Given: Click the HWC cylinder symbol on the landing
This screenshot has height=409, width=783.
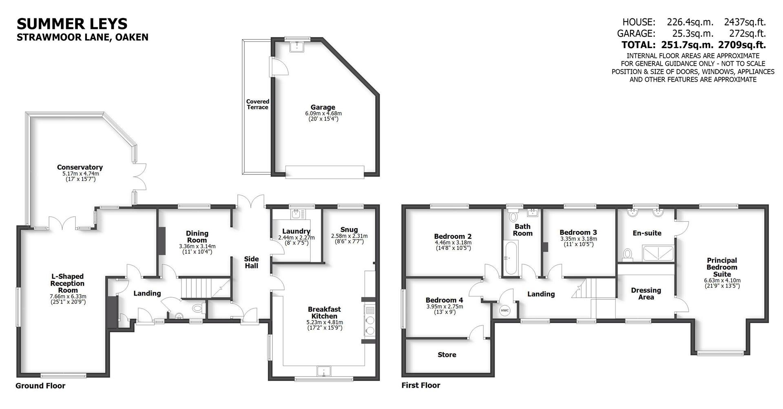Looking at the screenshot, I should [505, 311].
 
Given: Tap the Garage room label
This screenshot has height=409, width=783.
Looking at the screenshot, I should [323, 108].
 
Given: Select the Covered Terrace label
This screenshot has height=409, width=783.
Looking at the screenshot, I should [257, 104].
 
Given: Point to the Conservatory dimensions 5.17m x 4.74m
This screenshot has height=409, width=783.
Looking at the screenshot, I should [80, 173].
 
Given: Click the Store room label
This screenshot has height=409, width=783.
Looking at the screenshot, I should [447, 355].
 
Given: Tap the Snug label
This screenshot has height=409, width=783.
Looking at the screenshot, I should [349, 230].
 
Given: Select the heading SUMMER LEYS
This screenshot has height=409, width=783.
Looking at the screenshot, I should [72, 24].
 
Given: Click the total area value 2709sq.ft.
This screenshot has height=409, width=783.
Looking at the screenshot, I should [742, 45].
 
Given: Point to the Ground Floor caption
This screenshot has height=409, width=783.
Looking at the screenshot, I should [40, 386].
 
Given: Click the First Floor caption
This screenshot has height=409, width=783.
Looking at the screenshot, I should [421, 385].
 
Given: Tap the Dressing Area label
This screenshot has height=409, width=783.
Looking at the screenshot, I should [646, 293].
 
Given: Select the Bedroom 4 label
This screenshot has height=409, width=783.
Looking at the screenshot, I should [444, 300].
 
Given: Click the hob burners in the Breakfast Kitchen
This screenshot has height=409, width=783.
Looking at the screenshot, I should [370, 325].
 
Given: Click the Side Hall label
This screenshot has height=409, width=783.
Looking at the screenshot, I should [251, 262].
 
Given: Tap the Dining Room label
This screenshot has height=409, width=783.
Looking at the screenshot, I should [197, 237].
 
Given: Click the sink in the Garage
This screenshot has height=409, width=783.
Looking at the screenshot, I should [297, 47].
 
